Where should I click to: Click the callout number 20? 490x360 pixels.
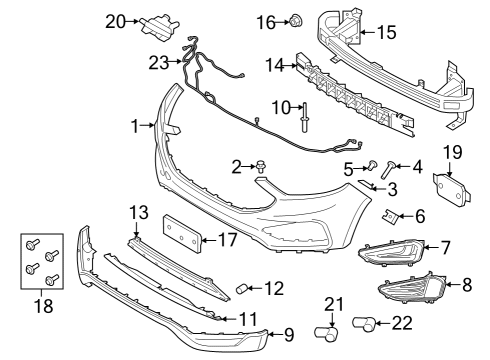tap(114, 20)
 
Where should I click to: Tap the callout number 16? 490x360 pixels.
tap(265, 21)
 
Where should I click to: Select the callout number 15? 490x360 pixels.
tap(385, 32)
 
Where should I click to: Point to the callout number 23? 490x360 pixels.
tap(159, 62)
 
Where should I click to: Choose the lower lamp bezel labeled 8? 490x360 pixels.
tap(411, 293)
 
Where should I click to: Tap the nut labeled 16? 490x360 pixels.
tap(294, 20)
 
